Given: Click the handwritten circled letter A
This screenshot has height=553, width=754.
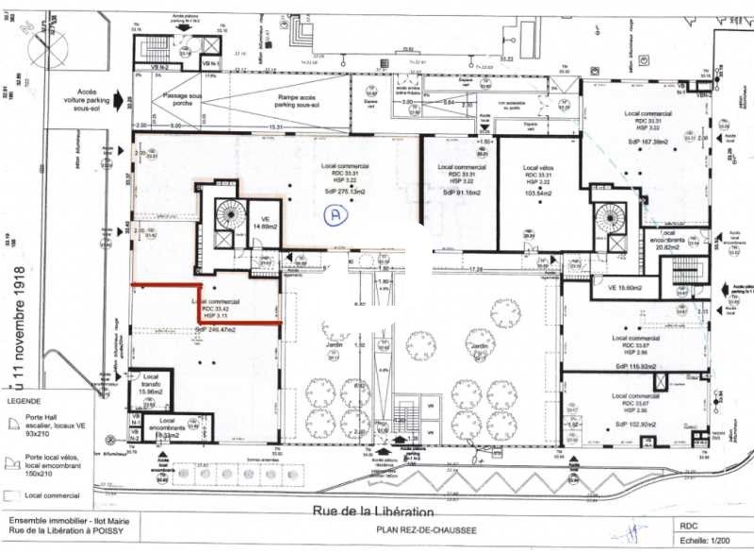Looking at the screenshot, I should [333, 215].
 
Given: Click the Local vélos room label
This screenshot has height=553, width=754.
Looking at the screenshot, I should [537, 166].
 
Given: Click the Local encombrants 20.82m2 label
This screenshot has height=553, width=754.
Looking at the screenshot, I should [683, 240].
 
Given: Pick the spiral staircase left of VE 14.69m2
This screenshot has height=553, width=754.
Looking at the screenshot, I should [229, 215].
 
